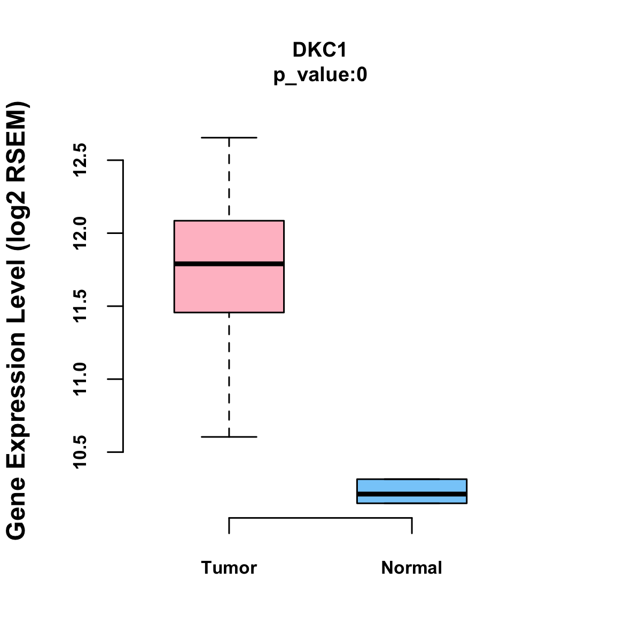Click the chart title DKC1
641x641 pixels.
pyautogui.click(x=320, y=50)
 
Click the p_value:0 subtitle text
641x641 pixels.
pyautogui.click(x=320, y=75)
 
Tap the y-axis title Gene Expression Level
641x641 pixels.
pyautogui.click(x=17, y=320)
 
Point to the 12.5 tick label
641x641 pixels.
pyautogui.click(x=80, y=160)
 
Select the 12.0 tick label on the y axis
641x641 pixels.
pyautogui.click(x=80, y=233)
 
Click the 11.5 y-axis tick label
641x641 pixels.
pyautogui.click(x=80, y=306)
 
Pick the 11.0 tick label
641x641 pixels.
pyautogui.click(x=80, y=379)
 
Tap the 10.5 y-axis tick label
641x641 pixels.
pyautogui.click(x=80, y=452)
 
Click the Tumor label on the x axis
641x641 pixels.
pyautogui.click(x=229, y=567)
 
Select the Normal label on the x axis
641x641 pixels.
pyautogui.click(x=412, y=567)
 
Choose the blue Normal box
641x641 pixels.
pyautogui.click(x=412, y=485)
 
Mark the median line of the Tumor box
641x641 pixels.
pyautogui.click(x=229, y=263)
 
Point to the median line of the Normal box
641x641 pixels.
pyautogui.click(x=412, y=494)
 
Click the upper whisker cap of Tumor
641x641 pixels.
pyautogui.click(x=229, y=137)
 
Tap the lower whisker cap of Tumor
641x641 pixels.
pyautogui.click(x=229, y=437)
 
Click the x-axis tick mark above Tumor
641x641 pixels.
pyautogui.click(x=229, y=526)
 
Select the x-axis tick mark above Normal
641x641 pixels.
pyautogui.click(x=412, y=526)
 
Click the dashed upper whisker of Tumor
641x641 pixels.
pyautogui.click(x=229, y=179)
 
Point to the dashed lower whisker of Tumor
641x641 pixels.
pyautogui.click(x=229, y=374)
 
